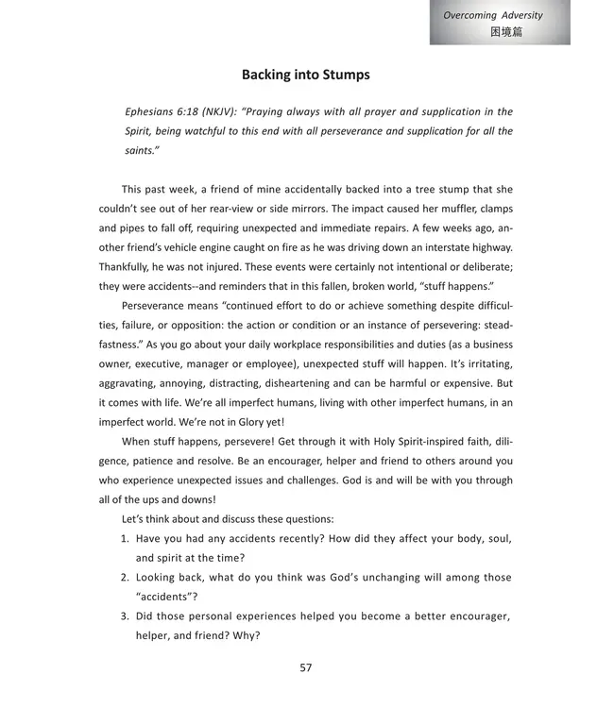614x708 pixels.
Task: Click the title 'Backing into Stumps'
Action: click(306, 75)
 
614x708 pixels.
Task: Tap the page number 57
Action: click(306, 667)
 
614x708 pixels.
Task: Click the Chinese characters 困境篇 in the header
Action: click(506, 31)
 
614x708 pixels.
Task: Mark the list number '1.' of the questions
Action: click(125, 538)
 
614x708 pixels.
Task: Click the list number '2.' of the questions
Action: click(125, 578)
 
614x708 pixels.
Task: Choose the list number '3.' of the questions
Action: click(125, 616)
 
